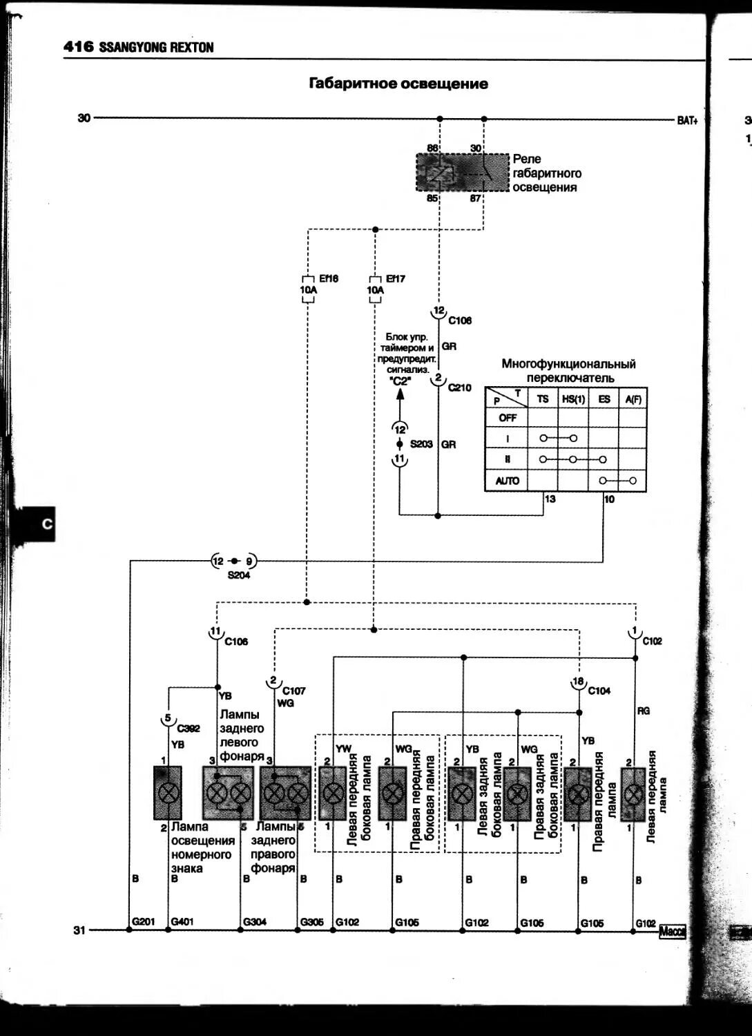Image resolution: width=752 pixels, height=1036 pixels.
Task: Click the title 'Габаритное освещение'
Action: tap(398, 84)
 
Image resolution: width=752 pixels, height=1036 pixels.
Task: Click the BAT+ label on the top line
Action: tap(687, 120)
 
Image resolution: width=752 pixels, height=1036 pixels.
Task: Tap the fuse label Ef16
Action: tap(329, 279)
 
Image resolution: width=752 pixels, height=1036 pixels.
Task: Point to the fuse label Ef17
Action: tap(396, 279)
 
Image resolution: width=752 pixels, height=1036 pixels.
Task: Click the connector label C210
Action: tap(460, 388)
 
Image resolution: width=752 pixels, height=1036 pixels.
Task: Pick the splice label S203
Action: tap(421, 444)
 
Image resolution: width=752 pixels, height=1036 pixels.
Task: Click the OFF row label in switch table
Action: tap(508, 418)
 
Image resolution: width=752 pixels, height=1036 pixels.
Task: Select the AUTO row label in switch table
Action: tap(508, 481)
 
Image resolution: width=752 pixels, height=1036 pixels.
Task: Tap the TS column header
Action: tap(543, 399)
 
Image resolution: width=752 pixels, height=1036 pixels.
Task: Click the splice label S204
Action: tap(239, 575)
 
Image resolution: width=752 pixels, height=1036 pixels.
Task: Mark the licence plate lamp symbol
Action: tap(168, 792)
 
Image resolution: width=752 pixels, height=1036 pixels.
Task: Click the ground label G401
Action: tap(182, 922)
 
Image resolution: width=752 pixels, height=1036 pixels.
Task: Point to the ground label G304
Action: tap(254, 922)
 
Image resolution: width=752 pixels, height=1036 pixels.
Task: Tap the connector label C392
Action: tap(189, 729)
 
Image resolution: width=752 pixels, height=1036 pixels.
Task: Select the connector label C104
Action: tap(599, 691)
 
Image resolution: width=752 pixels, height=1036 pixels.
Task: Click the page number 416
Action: tap(78, 47)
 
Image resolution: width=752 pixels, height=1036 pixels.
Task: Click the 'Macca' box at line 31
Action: tap(672, 931)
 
